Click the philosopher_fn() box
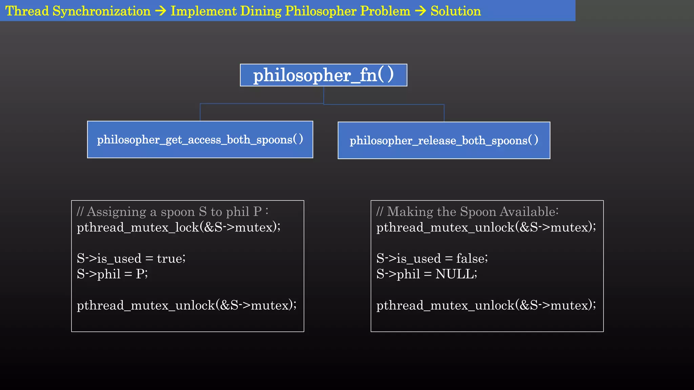click(x=323, y=75)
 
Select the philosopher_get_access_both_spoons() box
click(x=200, y=139)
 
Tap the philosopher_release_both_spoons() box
click(x=444, y=140)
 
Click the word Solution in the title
click(x=455, y=11)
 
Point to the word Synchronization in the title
click(x=101, y=11)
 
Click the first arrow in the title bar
click(x=161, y=11)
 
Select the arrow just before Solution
click(x=421, y=11)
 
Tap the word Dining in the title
click(x=261, y=11)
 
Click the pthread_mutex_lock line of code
click(x=179, y=227)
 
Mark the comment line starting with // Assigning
click(x=172, y=212)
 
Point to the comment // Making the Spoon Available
click(x=467, y=212)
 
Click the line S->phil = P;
click(x=112, y=274)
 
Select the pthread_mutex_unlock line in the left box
click(x=186, y=305)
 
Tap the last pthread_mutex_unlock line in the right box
click(x=486, y=305)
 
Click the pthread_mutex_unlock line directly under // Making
click(x=486, y=227)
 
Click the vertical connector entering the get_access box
click(x=200, y=112)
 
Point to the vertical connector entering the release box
click(x=444, y=113)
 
